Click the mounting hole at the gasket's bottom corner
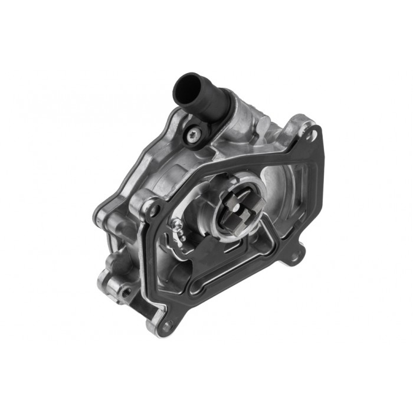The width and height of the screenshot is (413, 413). (x=168, y=323)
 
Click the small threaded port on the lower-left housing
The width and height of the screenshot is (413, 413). (x=125, y=290)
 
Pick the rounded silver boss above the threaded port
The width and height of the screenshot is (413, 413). (x=118, y=260)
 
